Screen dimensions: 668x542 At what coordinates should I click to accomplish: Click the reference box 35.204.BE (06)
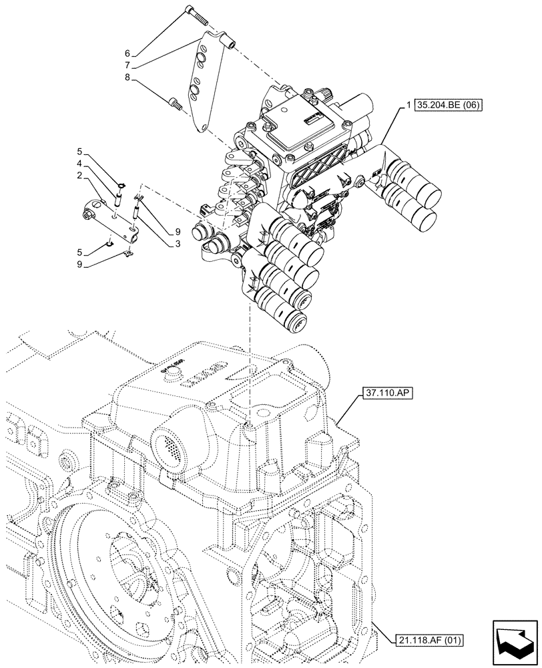(x=447, y=105)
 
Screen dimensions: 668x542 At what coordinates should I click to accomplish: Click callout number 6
(x=128, y=53)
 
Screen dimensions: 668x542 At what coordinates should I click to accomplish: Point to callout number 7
(x=128, y=65)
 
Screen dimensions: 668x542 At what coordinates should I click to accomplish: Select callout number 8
(x=128, y=77)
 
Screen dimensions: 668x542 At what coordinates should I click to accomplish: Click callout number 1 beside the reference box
(x=406, y=106)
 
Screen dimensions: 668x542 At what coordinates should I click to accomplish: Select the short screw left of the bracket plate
(x=176, y=103)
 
